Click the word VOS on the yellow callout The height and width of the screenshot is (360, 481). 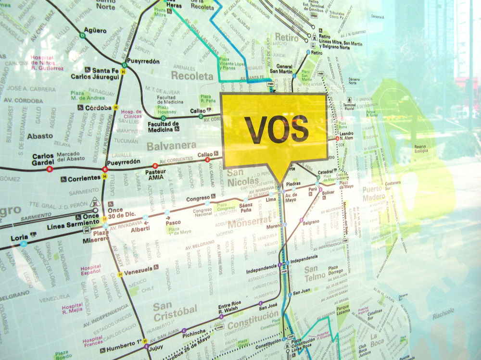click(x=276, y=129)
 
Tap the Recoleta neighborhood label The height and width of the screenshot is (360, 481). click(x=192, y=76)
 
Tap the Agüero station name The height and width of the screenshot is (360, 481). click(x=95, y=30)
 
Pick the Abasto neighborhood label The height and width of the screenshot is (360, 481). click(x=40, y=136)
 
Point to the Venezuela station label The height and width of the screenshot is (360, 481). click(x=138, y=269)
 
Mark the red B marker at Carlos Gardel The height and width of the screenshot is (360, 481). click(x=50, y=169)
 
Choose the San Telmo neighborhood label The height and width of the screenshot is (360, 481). click(x=311, y=274)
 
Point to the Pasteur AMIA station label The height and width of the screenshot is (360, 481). click(x=155, y=174)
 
